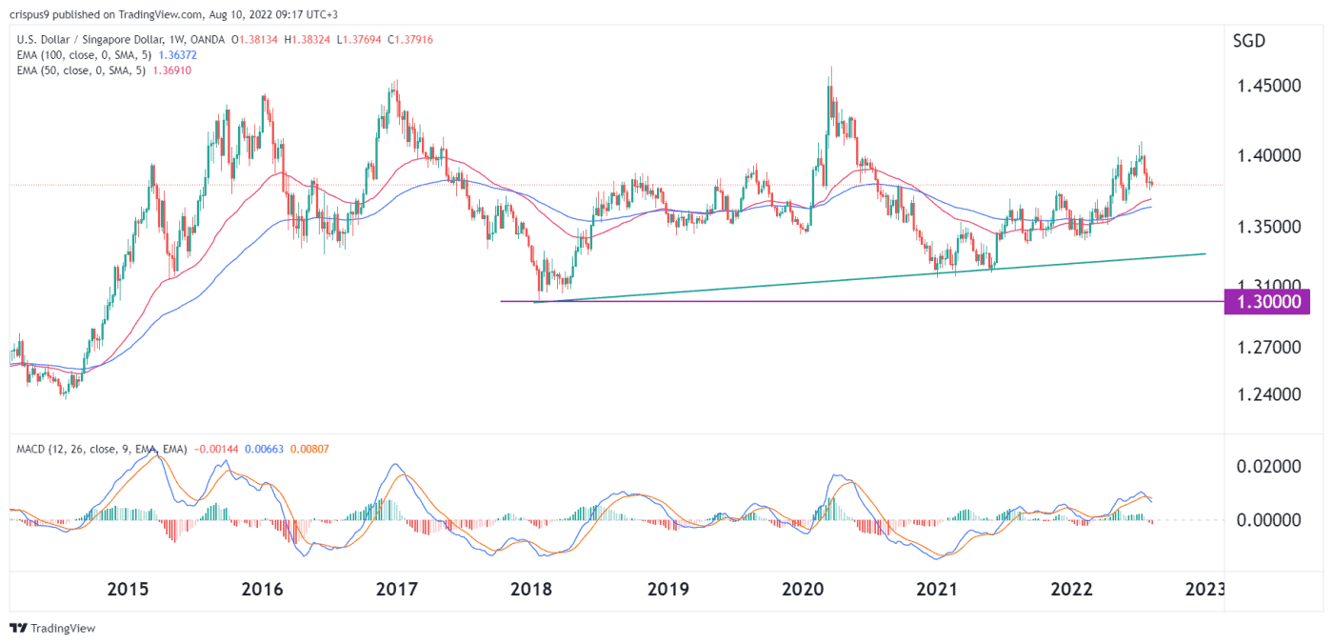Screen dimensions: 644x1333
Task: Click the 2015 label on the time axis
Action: click(128, 589)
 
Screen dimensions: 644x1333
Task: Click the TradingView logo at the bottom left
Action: click(52, 629)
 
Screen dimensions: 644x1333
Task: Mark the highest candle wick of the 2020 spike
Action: click(831, 68)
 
